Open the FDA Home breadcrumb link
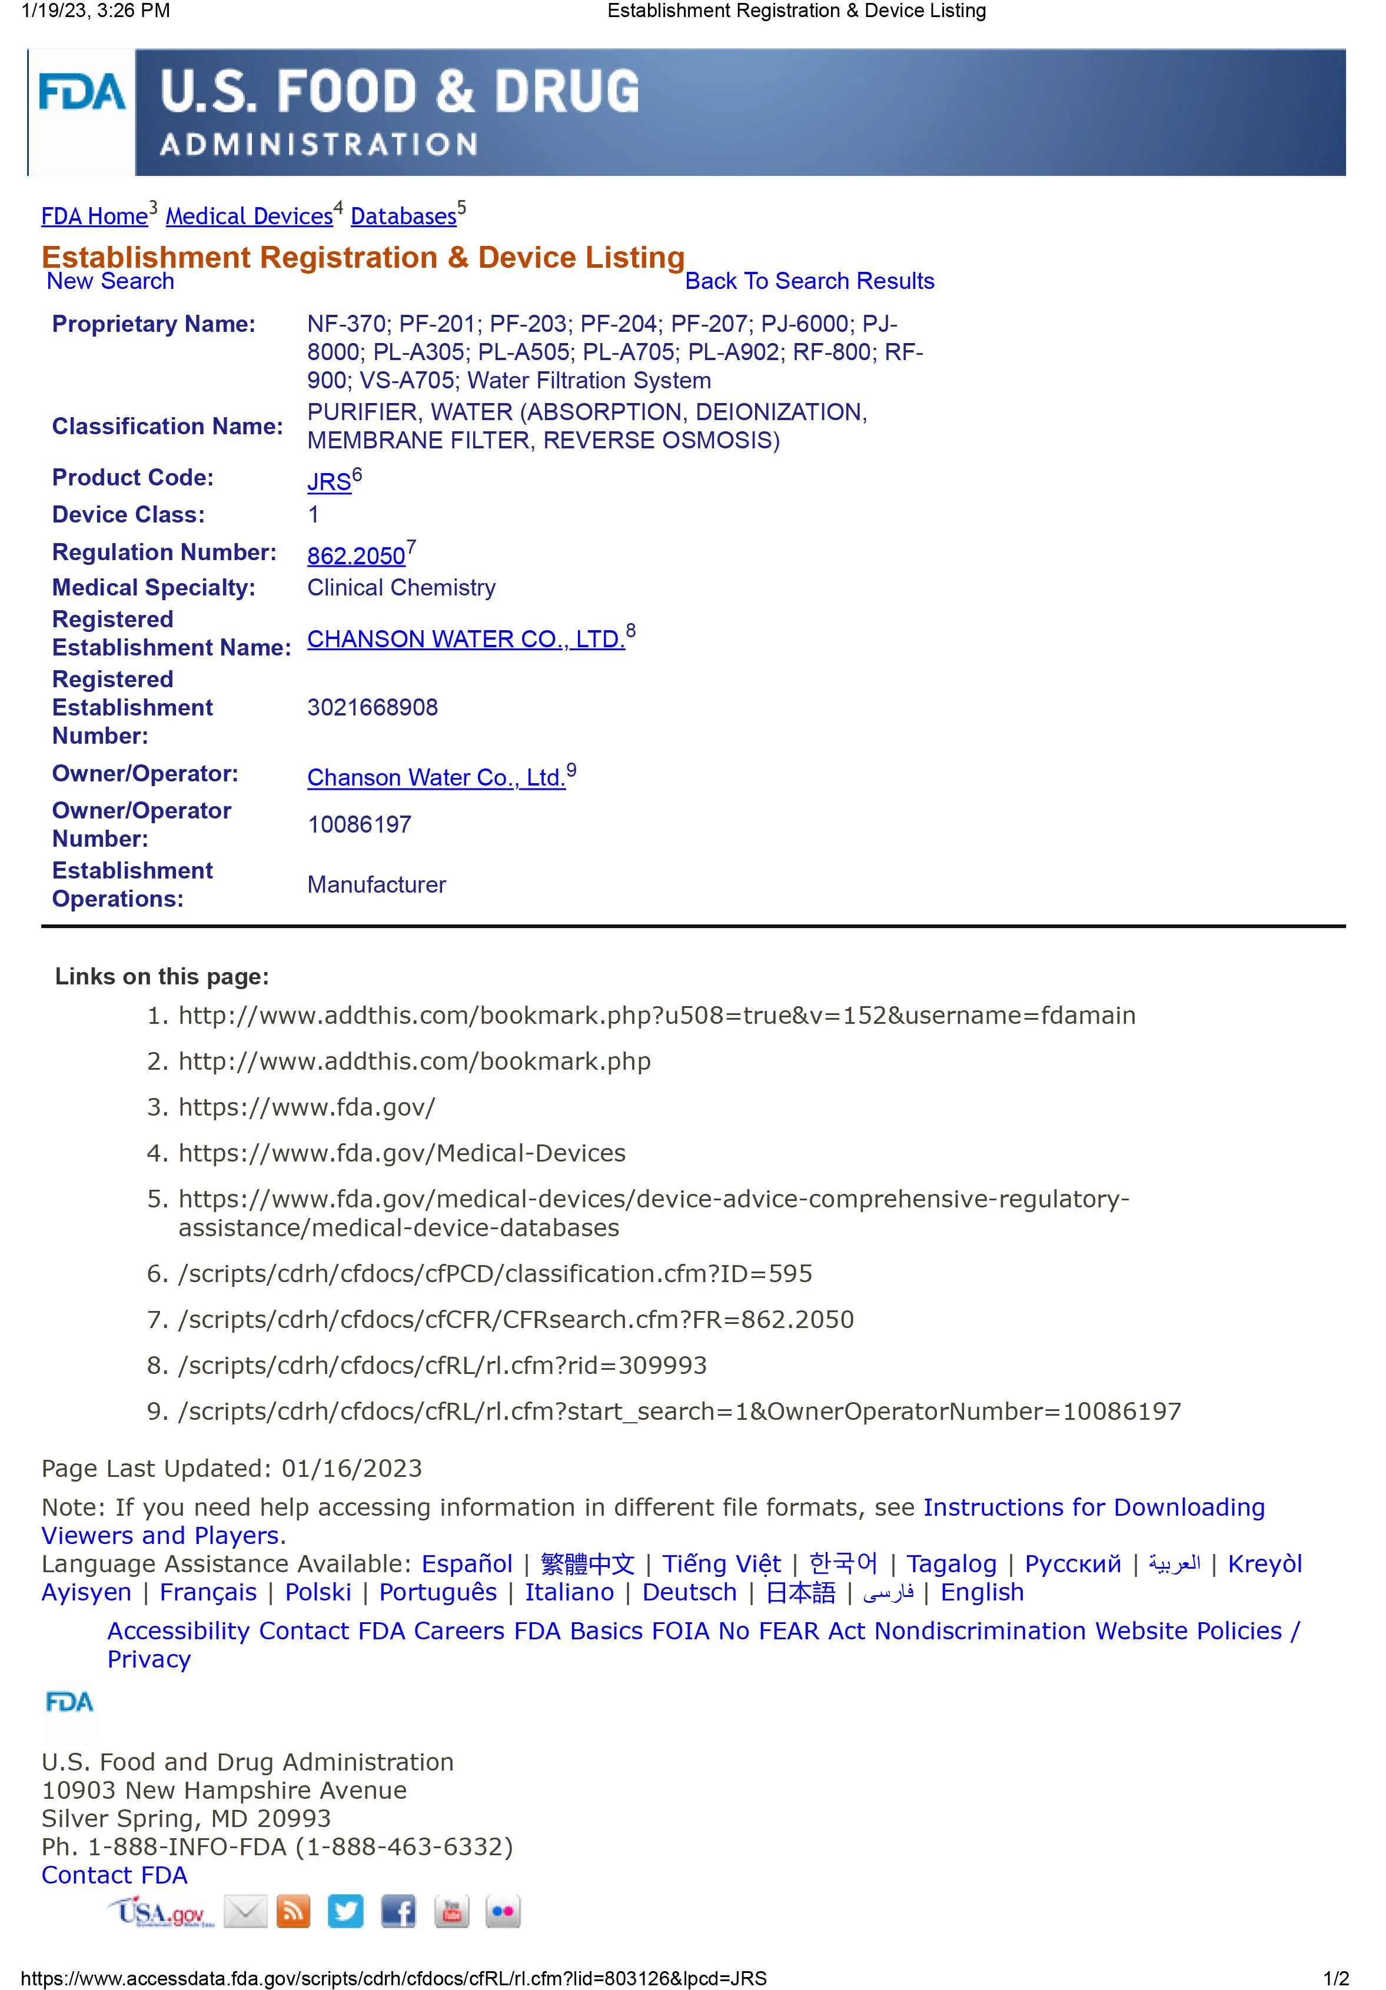click(95, 217)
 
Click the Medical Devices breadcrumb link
click(249, 217)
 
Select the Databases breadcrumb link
click(403, 217)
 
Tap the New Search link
click(110, 281)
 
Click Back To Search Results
click(809, 281)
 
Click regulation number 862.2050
click(356, 555)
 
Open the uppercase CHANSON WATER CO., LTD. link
click(466, 639)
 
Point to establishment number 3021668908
click(373, 707)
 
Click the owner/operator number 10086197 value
click(359, 824)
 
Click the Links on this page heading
click(162, 977)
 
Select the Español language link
click(467, 1563)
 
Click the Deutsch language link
click(689, 1592)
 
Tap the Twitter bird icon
click(345, 1911)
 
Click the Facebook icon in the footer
click(398, 1911)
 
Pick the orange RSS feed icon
click(293, 1911)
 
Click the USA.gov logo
click(160, 1911)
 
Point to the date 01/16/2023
click(351, 1468)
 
